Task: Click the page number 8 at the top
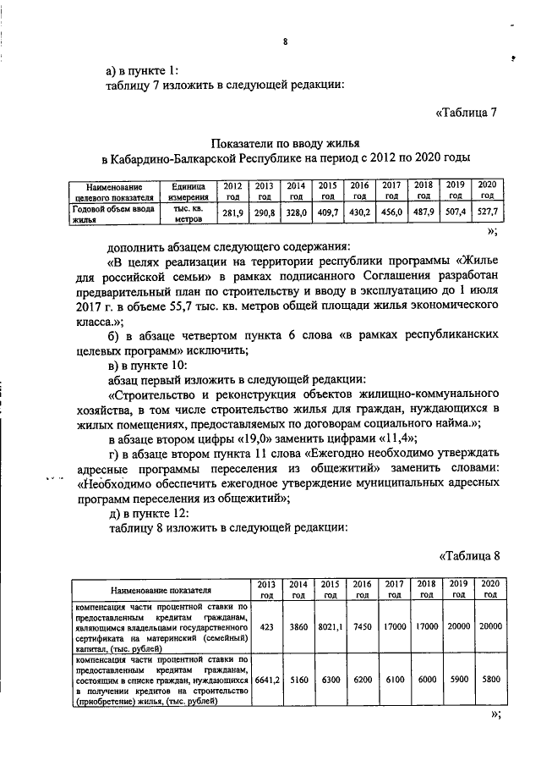click(x=285, y=41)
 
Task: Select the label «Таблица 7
click(x=471, y=113)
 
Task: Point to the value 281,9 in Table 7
click(x=232, y=212)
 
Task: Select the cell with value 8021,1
click(x=327, y=626)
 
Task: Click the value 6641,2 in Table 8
click(x=266, y=680)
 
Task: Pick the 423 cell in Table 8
click(x=266, y=626)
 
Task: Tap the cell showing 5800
click(x=489, y=680)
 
